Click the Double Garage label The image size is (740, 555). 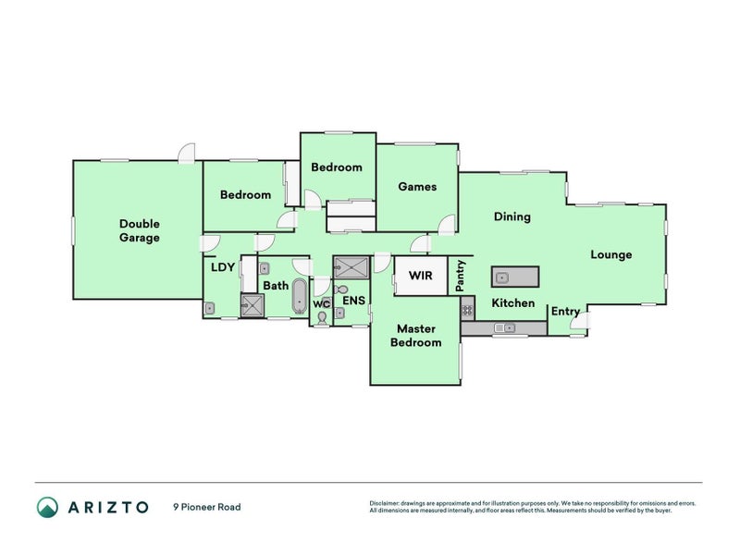pyautogui.click(x=140, y=230)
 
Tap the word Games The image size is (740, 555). pyautogui.click(x=417, y=186)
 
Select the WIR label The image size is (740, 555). pyautogui.click(x=421, y=276)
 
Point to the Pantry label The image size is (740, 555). pyautogui.click(x=461, y=276)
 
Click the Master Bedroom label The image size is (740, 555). pyautogui.click(x=416, y=335)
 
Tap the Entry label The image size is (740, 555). pyautogui.click(x=565, y=312)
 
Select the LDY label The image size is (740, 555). pyautogui.click(x=223, y=267)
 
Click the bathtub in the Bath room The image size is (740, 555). pyautogui.click(x=300, y=296)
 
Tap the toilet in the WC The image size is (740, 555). pyautogui.click(x=321, y=316)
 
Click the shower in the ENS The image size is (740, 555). pyautogui.click(x=351, y=267)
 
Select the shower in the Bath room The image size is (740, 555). pyautogui.click(x=252, y=305)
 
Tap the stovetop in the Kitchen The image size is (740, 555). pyautogui.click(x=468, y=310)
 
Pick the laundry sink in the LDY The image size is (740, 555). pyautogui.click(x=211, y=309)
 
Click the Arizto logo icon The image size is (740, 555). pyautogui.click(x=46, y=507)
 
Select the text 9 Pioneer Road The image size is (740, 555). pyautogui.click(x=206, y=507)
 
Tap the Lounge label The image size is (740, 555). pyautogui.click(x=611, y=254)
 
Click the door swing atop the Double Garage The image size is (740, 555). pyautogui.click(x=188, y=154)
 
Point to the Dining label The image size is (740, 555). pyautogui.click(x=512, y=216)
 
